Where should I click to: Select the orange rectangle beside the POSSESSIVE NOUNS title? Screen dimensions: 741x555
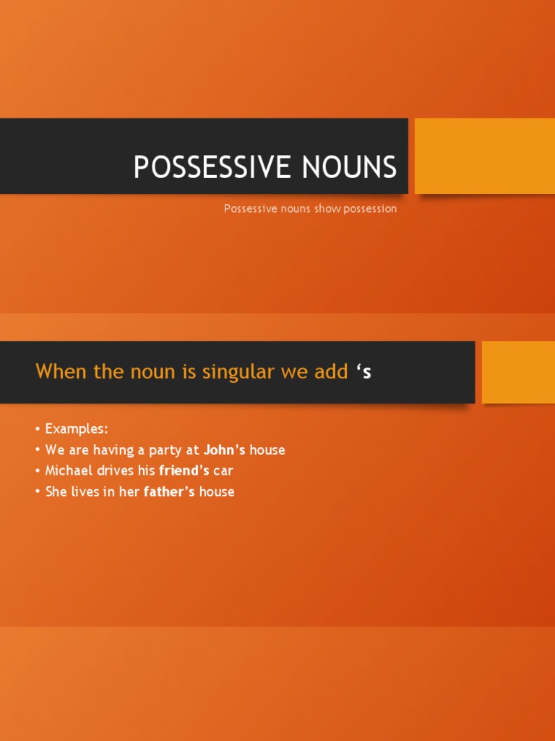click(x=484, y=156)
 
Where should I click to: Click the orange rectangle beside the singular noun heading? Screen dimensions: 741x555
click(x=518, y=372)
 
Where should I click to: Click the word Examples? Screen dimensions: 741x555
click(x=76, y=428)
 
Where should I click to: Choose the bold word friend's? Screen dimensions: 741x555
click(x=184, y=471)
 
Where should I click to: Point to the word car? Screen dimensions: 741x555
click(x=223, y=471)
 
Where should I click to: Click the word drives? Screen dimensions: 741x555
click(x=116, y=471)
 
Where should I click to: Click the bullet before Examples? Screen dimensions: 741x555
click(x=38, y=429)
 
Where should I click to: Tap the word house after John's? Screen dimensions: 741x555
click(x=267, y=450)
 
